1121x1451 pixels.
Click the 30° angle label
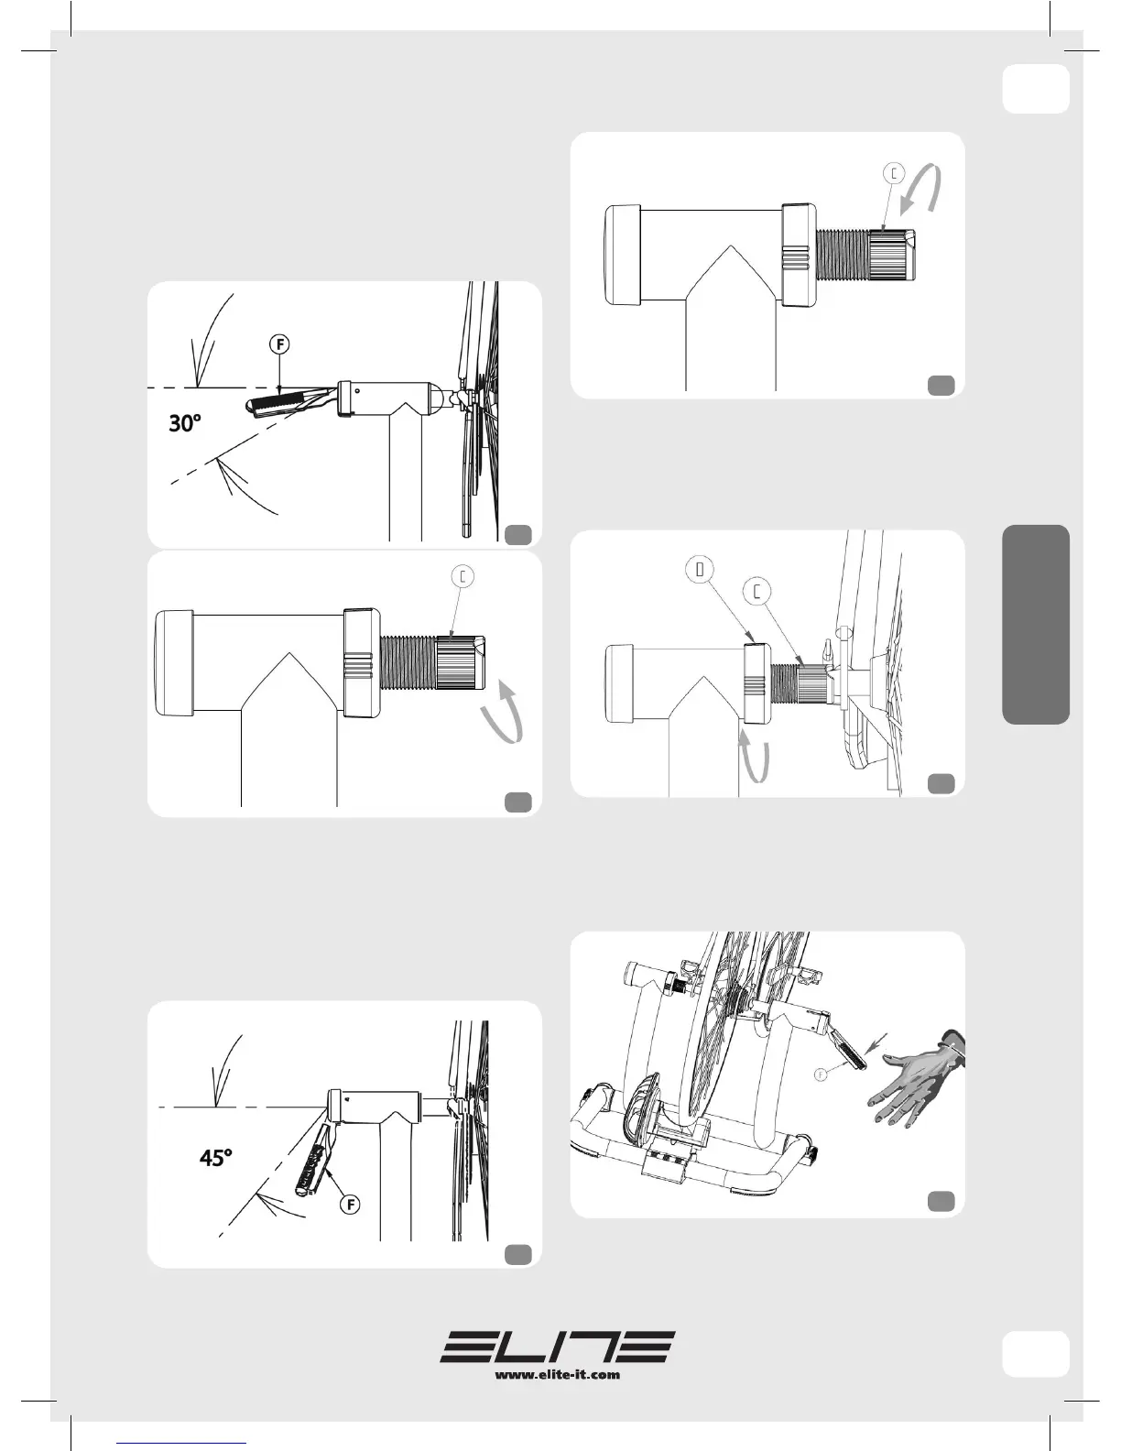pos(185,423)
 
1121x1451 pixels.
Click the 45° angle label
pos(215,1157)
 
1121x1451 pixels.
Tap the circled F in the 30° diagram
pos(279,344)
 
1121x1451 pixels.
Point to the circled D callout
pos(700,570)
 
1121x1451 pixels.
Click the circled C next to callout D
pos(757,592)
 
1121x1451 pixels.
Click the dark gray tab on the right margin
pos(1036,624)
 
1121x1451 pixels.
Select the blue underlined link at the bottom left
pos(181,1443)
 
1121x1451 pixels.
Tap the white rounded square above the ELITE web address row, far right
pos(1036,1354)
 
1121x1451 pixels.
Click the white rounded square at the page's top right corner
pos(1036,89)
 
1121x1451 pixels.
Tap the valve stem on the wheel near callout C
pos(828,649)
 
